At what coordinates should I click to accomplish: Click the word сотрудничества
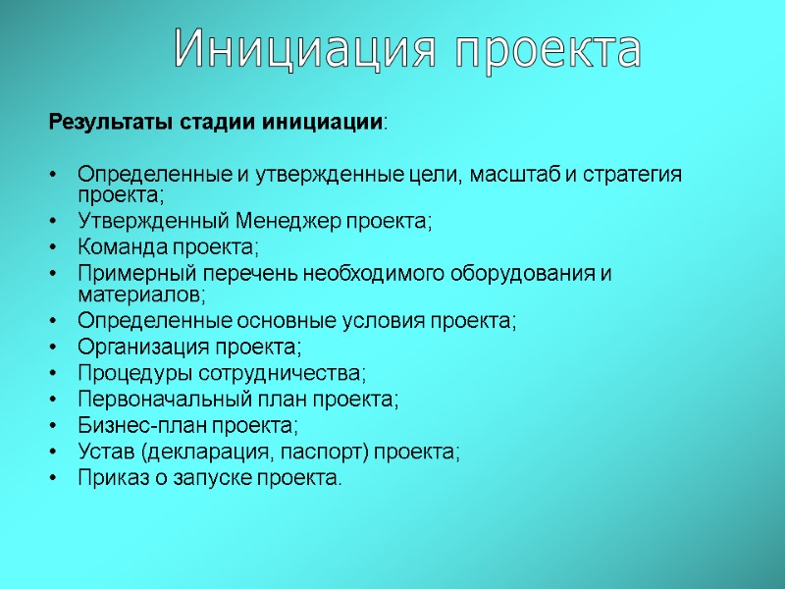[281, 373]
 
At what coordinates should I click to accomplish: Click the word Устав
[103, 453]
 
